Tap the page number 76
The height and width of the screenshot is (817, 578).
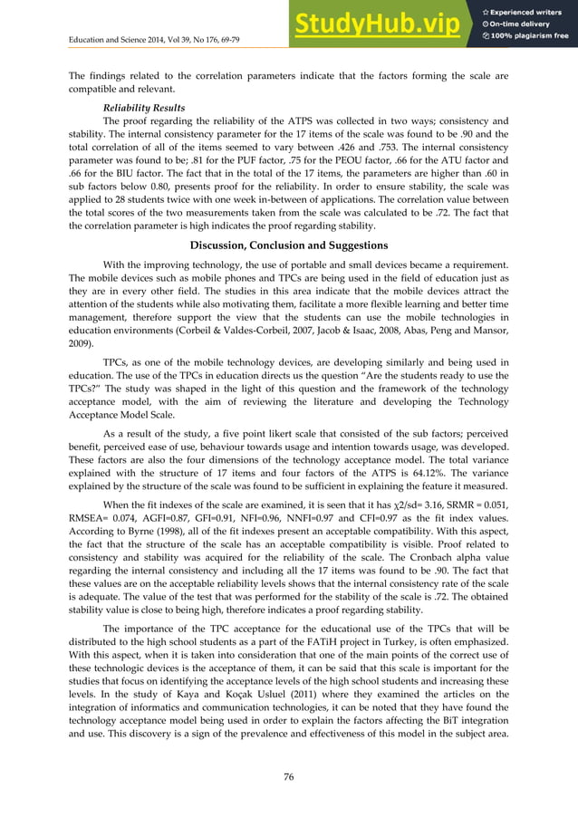pyautogui.click(x=288, y=775)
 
